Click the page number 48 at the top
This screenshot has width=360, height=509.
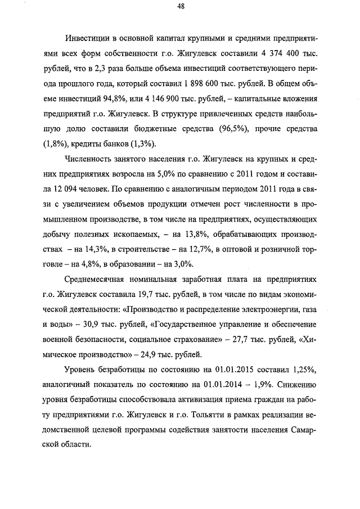(180, 7)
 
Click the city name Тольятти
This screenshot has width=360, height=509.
(215, 414)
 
